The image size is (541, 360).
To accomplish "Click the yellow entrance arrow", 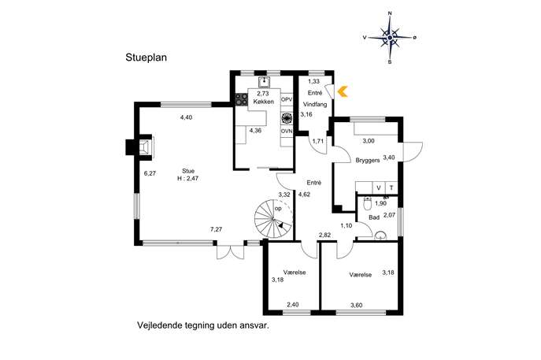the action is [x=342, y=92].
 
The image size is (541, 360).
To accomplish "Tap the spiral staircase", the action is [x=273, y=219].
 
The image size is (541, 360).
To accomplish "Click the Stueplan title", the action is [x=146, y=58].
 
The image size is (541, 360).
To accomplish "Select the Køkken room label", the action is [x=263, y=102].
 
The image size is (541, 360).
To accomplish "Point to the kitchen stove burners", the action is [x=242, y=99].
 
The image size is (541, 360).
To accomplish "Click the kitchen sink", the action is [x=264, y=82].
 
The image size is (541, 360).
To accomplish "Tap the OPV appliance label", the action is [x=287, y=99].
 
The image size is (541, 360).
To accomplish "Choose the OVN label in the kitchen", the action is [x=287, y=132].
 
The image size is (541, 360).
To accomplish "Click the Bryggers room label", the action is [x=368, y=161].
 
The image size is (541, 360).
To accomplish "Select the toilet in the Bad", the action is [x=368, y=204].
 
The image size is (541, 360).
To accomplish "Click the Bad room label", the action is [x=374, y=217].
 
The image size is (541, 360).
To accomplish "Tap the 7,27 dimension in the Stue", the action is [x=216, y=229].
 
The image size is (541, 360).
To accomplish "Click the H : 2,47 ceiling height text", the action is [x=187, y=179].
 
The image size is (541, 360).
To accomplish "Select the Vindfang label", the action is [x=315, y=104].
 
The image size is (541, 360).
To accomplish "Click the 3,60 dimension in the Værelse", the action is [x=357, y=305].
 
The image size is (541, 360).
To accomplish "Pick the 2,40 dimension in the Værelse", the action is [x=293, y=304].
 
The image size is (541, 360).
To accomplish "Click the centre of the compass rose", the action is [x=390, y=38].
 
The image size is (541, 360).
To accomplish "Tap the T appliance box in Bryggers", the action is [x=391, y=187].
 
